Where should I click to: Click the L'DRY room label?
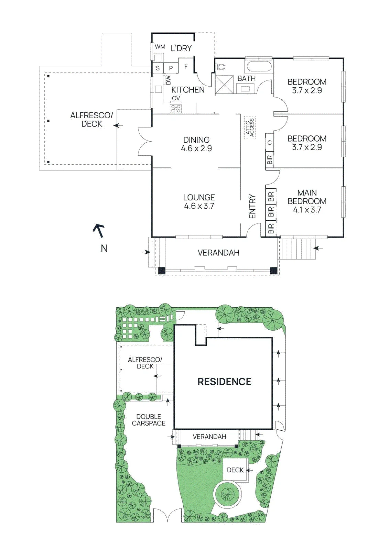point(181,48)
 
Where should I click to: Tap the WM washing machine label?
point(160,47)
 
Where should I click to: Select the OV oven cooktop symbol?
point(176,108)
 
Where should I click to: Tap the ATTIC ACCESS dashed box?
point(250,128)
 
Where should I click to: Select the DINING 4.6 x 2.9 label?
point(196,144)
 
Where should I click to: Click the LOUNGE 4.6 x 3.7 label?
point(199,201)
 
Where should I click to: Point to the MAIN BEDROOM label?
point(307,201)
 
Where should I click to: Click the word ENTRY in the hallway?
point(252,206)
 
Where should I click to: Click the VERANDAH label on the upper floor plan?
point(218,253)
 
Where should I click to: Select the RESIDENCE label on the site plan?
point(225,382)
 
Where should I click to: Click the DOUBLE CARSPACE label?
point(149,420)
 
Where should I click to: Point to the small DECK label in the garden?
point(235,470)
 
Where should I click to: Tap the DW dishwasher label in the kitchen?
point(168,80)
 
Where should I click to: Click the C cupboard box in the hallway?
point(270,143)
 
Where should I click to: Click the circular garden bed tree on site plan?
point(228,494)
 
